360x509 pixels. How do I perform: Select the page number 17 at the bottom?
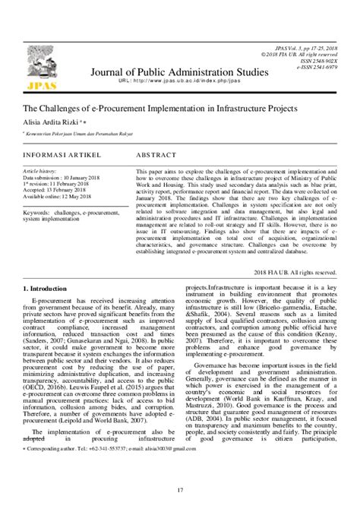coord(180,498)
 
